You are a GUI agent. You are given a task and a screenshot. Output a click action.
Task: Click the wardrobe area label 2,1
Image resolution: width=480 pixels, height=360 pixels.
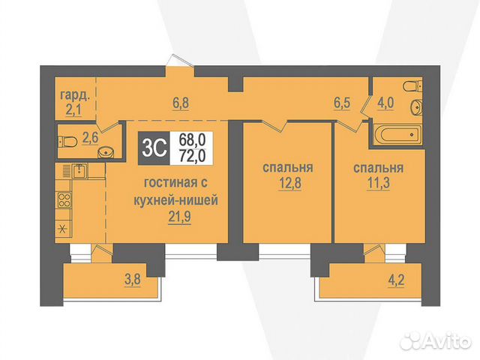tap(73, 110)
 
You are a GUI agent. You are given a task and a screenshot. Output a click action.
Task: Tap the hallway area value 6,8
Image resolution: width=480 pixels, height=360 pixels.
tap(181, 103)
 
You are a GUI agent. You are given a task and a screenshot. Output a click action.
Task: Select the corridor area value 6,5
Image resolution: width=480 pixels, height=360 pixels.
tap(342, 103)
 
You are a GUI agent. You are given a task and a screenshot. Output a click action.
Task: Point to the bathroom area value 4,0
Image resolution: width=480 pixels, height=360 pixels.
tap(385, 103)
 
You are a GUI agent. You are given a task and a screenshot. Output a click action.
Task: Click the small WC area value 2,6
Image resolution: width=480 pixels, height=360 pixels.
tap(90, 137)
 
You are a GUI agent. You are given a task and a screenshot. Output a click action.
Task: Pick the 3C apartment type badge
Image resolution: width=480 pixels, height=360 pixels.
tap(154, 148)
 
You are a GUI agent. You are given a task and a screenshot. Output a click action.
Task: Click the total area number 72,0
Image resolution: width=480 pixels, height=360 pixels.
tap(192, 156)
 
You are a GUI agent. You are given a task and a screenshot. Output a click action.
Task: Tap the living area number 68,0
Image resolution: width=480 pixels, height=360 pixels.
tap(192, 140)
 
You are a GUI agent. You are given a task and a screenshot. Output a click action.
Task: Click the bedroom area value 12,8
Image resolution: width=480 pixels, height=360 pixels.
tap(290, 183)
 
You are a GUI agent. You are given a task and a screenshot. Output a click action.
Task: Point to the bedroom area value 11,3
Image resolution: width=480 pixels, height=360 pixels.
tap(378, 183)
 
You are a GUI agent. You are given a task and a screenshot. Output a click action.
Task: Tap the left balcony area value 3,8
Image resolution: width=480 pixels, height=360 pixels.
tap(133, 280)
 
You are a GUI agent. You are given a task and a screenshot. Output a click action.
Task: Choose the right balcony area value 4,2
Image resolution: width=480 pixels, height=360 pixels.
tap(397, 280)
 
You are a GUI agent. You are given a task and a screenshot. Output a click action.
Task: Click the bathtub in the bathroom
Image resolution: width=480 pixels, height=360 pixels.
tap(397, 134)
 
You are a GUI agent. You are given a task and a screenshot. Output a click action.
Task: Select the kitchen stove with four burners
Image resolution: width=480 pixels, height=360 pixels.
tap(64, 200)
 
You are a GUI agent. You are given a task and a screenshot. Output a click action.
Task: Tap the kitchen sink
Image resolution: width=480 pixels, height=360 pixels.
tap(79, 171)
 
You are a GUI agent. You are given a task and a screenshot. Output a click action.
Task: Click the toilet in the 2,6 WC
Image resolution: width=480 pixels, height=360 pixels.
tap(67, 142)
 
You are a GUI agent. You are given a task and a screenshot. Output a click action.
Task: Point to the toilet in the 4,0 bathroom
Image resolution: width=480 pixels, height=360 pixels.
tap(413, 85)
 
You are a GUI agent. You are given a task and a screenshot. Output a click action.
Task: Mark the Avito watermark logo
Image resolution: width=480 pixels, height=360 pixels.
tap(436, 340)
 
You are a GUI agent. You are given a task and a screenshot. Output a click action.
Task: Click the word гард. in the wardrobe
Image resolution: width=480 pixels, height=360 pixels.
tap(75, 95)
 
